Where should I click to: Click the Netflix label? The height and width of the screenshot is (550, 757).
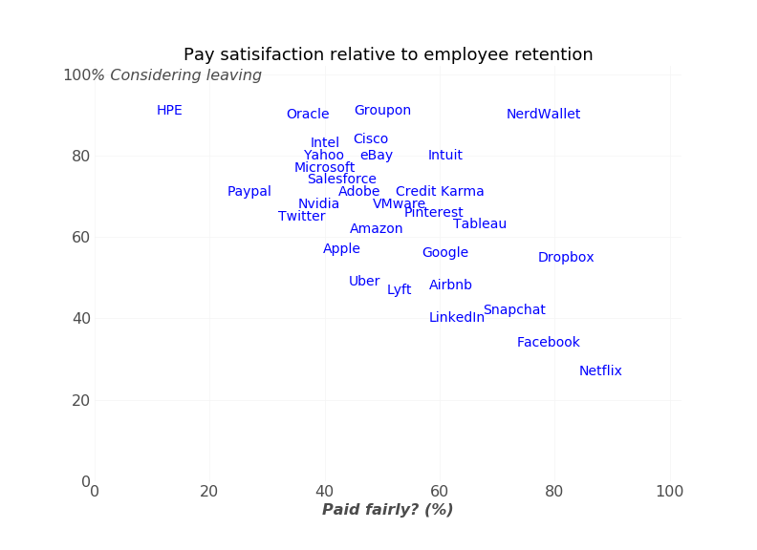(x=600, y=371)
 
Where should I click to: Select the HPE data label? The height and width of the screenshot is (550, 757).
(x=169, y=111)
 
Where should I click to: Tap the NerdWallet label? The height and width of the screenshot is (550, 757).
(x=543, y=115)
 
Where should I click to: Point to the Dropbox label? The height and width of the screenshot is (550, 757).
(x=566, y=258)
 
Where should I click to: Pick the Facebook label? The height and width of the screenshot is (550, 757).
(x=549, y=343)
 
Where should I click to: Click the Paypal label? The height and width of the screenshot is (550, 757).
(x=249, y=192)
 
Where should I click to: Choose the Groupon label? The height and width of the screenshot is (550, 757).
(x=382, y=111)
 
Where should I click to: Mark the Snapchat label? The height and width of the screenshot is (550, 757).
(x=514, y=310)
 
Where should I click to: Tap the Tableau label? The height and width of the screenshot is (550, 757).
(x=480, y=224)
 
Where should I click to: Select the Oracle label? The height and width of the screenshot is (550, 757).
(x=308, y=115)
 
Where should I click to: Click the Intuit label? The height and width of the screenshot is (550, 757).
(x=445, y=156)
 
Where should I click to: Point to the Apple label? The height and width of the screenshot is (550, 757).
(x=341, y=249)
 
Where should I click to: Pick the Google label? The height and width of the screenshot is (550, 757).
(x=445, y=253)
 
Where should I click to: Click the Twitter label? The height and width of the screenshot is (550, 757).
(x=302, y=217)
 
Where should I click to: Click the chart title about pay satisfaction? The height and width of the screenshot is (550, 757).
(x=388, y=55)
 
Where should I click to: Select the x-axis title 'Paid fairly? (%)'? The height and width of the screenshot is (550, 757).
(x=387, y=510)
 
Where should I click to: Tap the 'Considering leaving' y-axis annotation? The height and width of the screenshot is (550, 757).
(x=185, y=75)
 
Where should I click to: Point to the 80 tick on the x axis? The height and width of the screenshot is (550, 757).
(x=554, y=492)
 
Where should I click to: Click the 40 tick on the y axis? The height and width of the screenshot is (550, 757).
(x=81, y=318)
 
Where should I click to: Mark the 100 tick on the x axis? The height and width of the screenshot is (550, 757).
(x=669, y=492)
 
